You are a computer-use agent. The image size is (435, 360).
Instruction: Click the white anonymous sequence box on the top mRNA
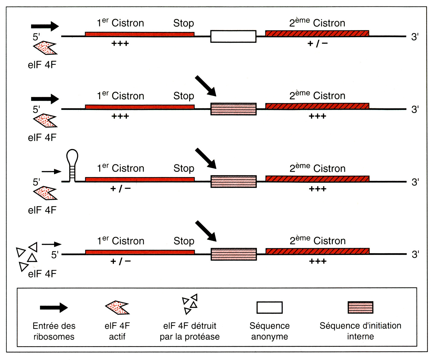coord(233,36)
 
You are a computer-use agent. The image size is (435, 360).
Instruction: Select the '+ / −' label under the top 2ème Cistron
coord(317,44)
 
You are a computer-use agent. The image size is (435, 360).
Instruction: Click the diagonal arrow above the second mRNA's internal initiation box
coord(206,86)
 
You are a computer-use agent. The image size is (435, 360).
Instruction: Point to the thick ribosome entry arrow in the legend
coord(54,307)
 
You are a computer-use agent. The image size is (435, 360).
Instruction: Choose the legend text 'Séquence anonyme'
coord(269,331)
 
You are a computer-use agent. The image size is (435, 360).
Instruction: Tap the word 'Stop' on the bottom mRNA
coord(184,241)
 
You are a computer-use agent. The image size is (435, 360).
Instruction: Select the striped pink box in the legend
coord(360,307)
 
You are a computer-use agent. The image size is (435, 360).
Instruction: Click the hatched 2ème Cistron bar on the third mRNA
coord(317,179)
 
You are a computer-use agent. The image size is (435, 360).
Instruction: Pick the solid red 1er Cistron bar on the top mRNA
coord(139,34)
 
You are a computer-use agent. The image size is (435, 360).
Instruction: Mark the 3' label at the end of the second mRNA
coord(415,109)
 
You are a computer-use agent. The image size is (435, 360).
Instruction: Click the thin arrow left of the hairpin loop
coord(51,171)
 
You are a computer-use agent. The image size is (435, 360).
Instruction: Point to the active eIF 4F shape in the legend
coord(117,307)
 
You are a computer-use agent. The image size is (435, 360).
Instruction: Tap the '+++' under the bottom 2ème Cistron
coord(318,261)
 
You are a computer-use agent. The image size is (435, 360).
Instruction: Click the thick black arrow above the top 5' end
coord(45,26)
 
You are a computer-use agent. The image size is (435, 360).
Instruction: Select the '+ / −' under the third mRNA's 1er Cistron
coord(120,189)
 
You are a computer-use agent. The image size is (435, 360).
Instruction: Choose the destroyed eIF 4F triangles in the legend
coord(190,304)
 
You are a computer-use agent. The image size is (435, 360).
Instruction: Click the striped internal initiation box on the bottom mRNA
coord(233,254)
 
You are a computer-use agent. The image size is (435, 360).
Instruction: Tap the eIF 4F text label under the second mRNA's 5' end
coord(42,138)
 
